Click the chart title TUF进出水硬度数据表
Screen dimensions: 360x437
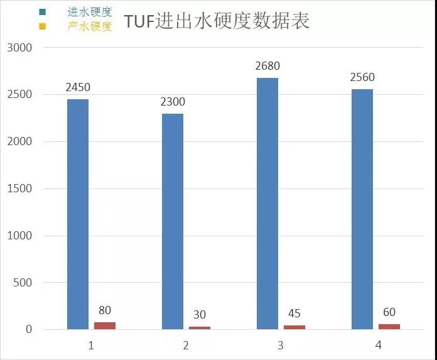217,21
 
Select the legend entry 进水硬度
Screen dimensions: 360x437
89,12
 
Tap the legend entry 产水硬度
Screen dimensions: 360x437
89,26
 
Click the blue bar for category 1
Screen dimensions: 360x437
78,214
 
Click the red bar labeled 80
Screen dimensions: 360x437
105,325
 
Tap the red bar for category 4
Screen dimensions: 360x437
389,327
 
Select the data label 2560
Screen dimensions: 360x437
362,78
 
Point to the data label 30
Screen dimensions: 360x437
200,315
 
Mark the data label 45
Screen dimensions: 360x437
294,314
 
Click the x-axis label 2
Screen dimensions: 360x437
186,346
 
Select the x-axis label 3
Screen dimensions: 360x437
281,346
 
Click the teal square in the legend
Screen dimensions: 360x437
42,12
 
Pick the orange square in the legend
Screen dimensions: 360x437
42,26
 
